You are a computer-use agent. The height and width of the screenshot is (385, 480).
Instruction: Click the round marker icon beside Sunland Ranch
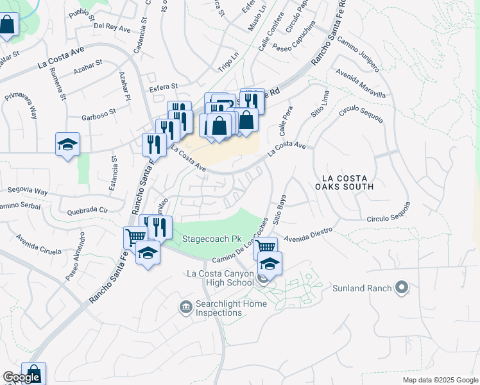point(402,287)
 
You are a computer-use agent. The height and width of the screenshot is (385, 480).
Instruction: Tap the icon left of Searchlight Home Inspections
point(186,307)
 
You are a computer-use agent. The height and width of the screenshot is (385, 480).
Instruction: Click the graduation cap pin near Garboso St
point(67,145)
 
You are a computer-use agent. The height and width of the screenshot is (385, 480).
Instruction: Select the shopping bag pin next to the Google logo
point(33,373)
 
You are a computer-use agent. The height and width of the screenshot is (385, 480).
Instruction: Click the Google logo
point(21,377)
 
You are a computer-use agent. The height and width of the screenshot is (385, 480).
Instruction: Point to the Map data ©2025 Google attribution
point(440,380)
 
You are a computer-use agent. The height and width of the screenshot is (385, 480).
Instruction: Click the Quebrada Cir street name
point(87,210)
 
